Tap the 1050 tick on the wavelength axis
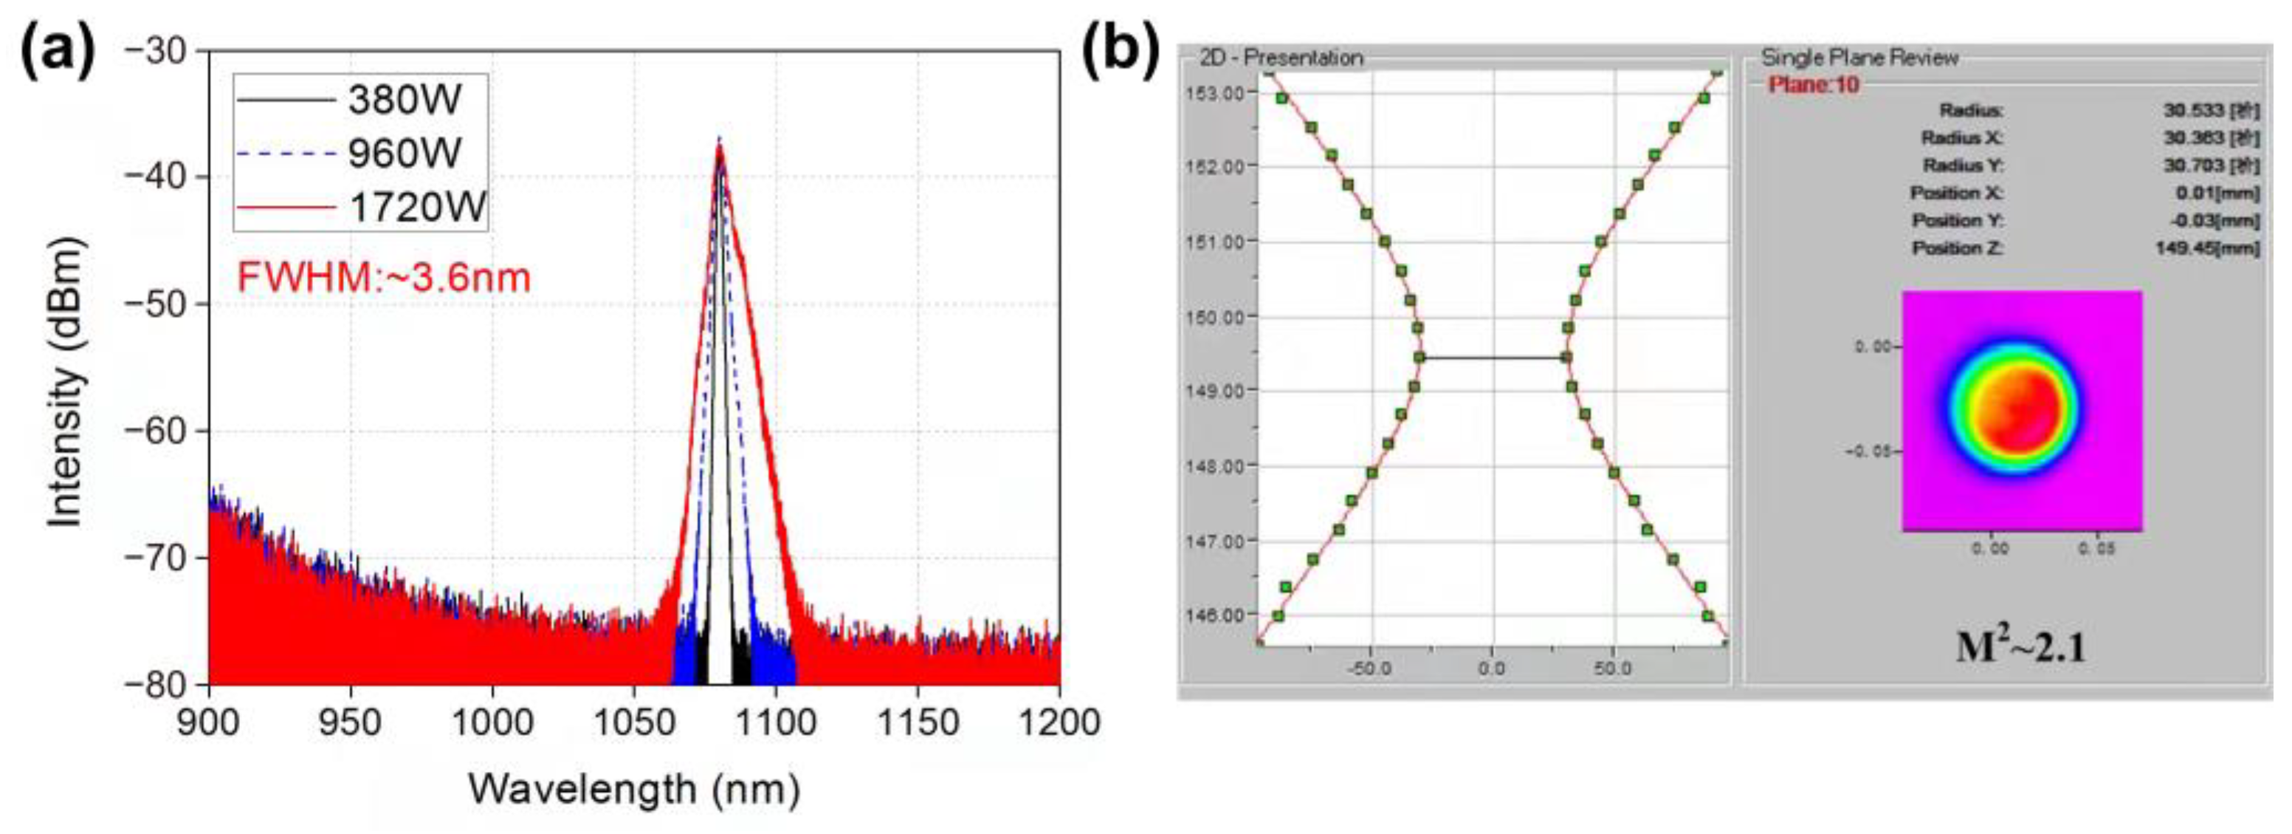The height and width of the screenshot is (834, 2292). click(x=633, y=722)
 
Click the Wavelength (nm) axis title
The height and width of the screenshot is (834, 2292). click(x=633, y=790)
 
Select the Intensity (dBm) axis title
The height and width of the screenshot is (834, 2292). click(x=65, y=383)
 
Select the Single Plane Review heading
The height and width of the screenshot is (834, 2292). click(x=1859, y=58)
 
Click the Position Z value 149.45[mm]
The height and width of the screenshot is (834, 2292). click(x=2206, y=248)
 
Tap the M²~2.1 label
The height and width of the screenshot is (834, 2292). click(x=2020, y=647)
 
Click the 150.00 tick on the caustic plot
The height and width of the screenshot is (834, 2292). click(x=1213, y=316)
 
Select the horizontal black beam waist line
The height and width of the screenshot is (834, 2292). click(x=1493, y=358)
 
